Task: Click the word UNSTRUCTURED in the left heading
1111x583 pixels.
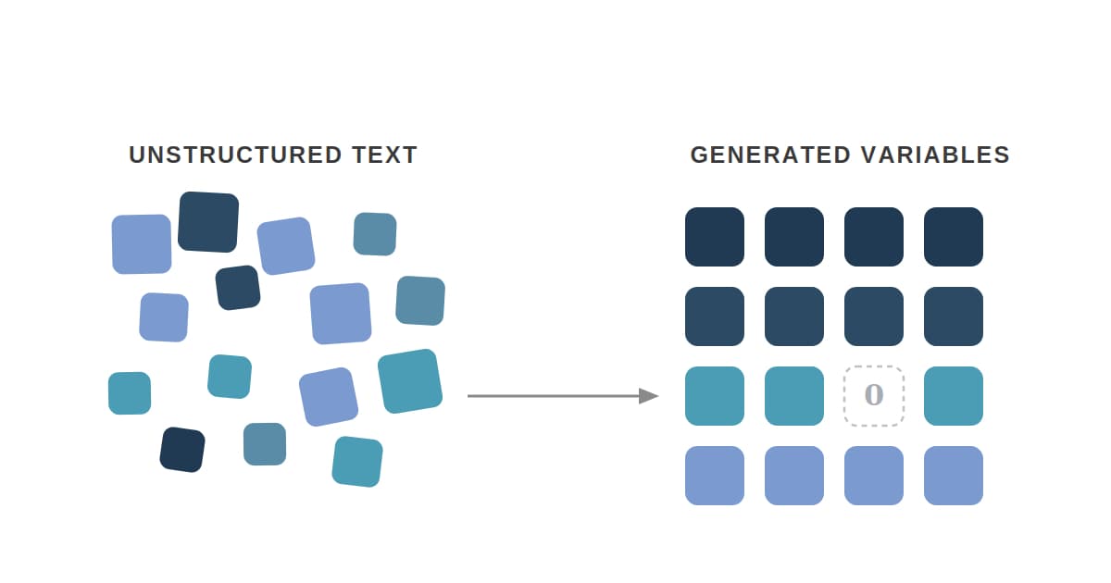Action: [235, 155]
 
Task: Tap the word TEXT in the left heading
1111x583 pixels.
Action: [385, 155]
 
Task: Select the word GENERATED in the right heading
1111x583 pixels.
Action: [770, 155]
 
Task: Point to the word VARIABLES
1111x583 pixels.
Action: [935, 155]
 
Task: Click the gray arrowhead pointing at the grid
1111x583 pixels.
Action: [649, 396]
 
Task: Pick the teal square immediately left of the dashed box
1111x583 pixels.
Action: [794, 396]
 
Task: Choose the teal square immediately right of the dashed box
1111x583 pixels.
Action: [954, 396]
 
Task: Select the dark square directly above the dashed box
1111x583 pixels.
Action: [874, 316]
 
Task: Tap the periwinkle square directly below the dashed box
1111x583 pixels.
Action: [874, 476]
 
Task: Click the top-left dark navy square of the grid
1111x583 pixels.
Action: [715, 237]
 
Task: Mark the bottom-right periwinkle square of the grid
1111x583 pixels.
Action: [954, 476]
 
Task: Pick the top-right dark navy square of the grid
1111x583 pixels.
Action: [954, 237]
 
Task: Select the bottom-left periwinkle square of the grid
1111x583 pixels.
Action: [715, 476]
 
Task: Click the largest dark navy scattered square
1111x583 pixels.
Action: [208, 222]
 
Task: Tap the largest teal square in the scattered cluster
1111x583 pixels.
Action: [409, 381]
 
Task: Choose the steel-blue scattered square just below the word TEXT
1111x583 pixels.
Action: [375, 234]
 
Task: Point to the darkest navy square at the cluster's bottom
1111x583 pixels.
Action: [182, 450]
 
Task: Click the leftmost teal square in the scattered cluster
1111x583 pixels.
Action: [130, 393]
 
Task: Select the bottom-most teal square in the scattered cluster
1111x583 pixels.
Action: [357, 462]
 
